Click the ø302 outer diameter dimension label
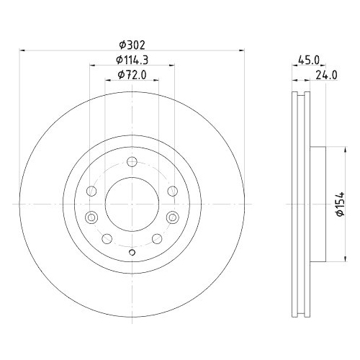tap(130, 42)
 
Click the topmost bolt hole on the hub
tap(131, 163)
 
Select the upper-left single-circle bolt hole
tap(91, 191)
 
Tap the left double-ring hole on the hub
tap(91, 217)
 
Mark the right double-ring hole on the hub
tap(172, 217)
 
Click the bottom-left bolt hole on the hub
tap(107, 239)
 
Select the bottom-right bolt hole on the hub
tap(156, 239)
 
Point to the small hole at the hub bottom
tap(131, 252)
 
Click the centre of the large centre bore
tap(131, 204)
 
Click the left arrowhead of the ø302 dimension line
tap(22, 50)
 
